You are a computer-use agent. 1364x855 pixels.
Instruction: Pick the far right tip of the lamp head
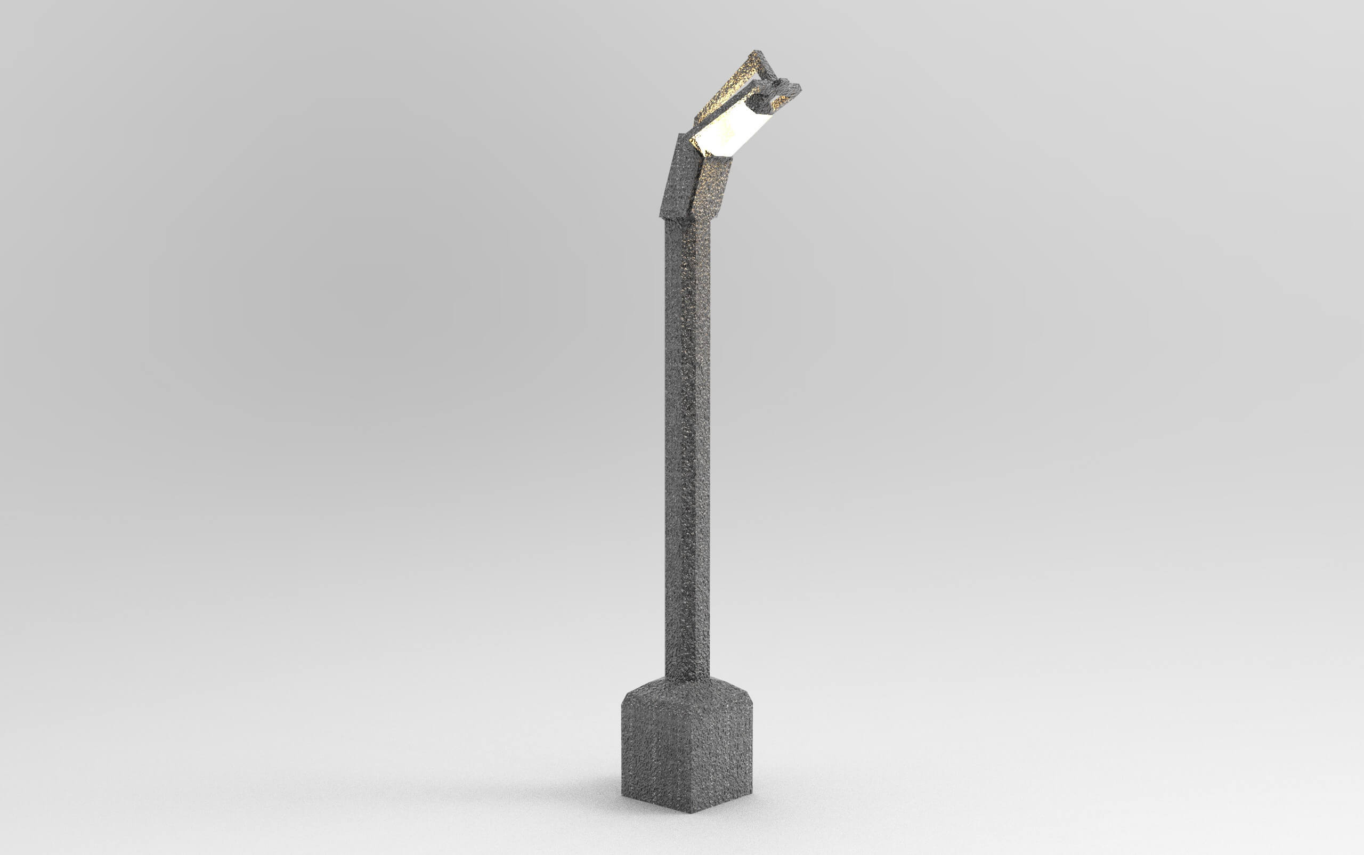coord(800,88)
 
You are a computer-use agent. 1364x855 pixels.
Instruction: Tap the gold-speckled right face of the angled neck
coord(710,186)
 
